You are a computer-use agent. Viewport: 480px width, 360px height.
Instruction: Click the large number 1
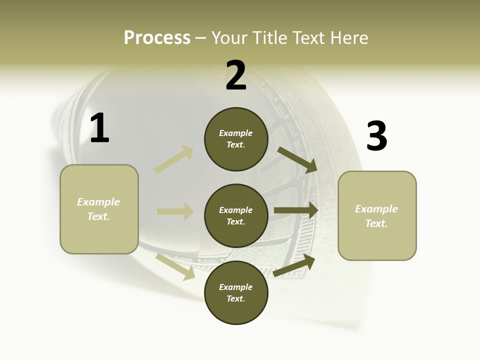pyautogui.click(x=99, y=128)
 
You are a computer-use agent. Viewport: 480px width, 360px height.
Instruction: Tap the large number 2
pyautogui.click(x=236, y=75)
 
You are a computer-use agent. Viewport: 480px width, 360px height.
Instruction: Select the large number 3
pyautogui.click(x=376, y=136)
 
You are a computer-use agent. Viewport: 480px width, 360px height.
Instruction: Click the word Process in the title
pyautogui.click(x=157, y=38)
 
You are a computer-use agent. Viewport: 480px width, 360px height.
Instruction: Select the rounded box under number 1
pyautogui.click(x=99, y=209)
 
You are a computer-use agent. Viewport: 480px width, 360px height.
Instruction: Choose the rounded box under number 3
pyautogui.click(x=377, y=215)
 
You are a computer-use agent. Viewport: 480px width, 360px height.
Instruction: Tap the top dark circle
pyautogui.click(x=236, y=139)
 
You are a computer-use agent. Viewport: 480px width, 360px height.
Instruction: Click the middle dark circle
pyautogui.click(x=236, y=215)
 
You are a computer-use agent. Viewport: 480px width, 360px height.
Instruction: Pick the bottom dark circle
pyautogui.click(x=236, y=292)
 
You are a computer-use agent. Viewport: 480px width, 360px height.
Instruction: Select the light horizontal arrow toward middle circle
pyautogui.click(x=175, y=211)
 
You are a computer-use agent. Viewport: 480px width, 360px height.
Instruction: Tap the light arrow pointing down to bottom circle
pyautogui.click(x=175, y=266)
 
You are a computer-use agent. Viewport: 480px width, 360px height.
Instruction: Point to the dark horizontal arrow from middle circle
pyautogui.click(x=296, y=210)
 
